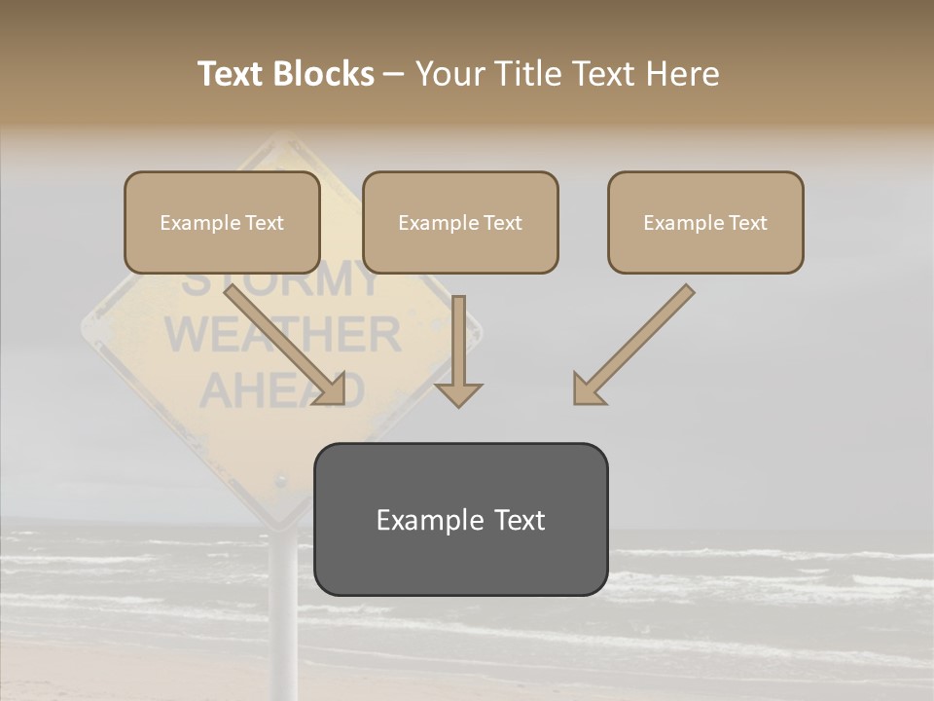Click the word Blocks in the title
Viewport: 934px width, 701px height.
tap(325, 74)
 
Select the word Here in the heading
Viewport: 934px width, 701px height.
tap(679, 74)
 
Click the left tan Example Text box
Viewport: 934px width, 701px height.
tap(222, 223)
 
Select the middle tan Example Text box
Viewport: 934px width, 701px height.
tap(460, 223)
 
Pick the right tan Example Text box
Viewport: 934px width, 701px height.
tap(705, 223)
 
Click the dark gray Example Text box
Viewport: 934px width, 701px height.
tap(460, 520)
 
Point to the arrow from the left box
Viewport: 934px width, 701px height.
tap(287, 346)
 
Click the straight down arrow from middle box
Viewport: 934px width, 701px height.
tap(458, 350)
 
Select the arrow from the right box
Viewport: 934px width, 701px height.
tap(632, 346)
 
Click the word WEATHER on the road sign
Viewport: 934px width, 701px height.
tap(282, 336)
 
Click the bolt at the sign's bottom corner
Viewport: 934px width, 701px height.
tap(281, 482)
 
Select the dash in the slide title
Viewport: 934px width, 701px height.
tap(394, 74)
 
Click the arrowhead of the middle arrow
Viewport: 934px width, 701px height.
tap(458, 394)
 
